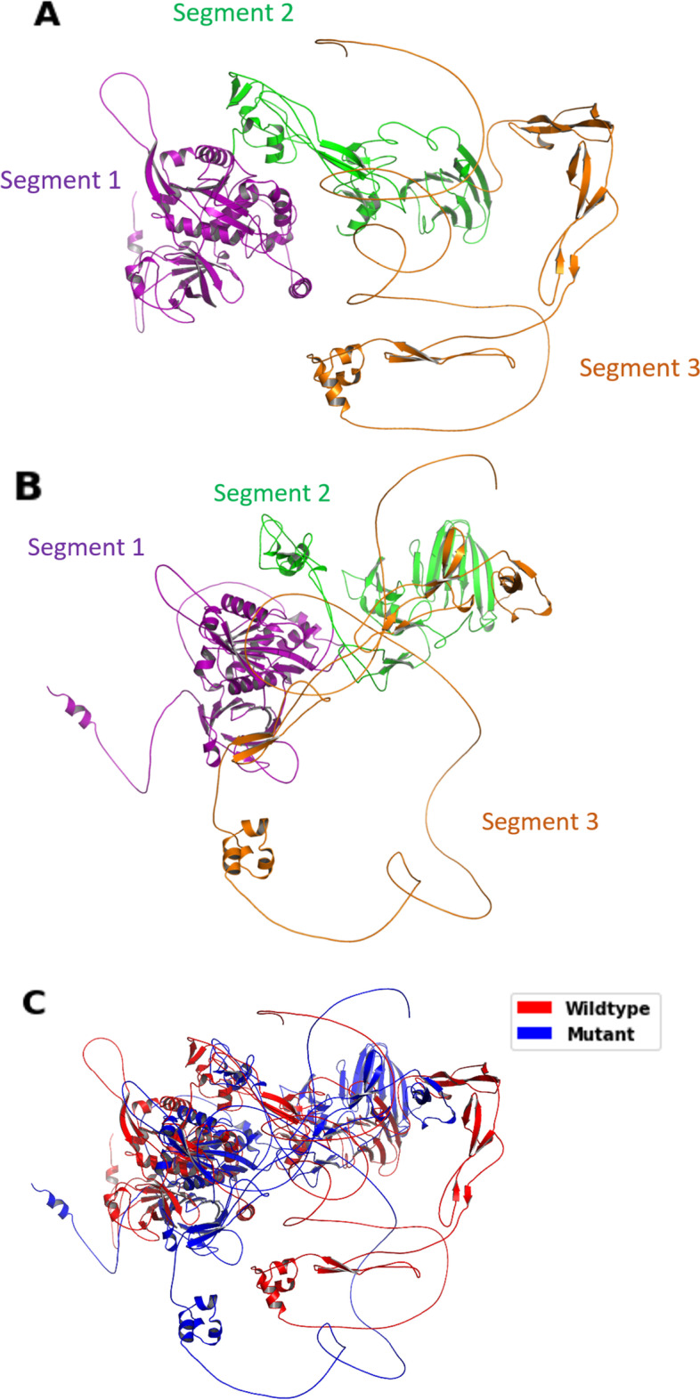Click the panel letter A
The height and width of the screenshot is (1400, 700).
tap(46, 15)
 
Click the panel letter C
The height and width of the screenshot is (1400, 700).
tap(34, 1002)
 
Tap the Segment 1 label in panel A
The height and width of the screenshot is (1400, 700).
tap(61, 180)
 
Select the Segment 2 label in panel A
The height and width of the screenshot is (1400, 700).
tap(233, 12)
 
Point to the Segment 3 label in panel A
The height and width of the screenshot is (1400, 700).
tap(639, 367)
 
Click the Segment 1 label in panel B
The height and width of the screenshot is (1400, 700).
tap(85, 546)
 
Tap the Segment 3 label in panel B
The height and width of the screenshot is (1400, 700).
tap(540, 821)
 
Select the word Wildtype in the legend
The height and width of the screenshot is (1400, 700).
tap(606, 1008)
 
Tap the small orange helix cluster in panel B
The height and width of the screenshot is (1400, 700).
tap(247, 854)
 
